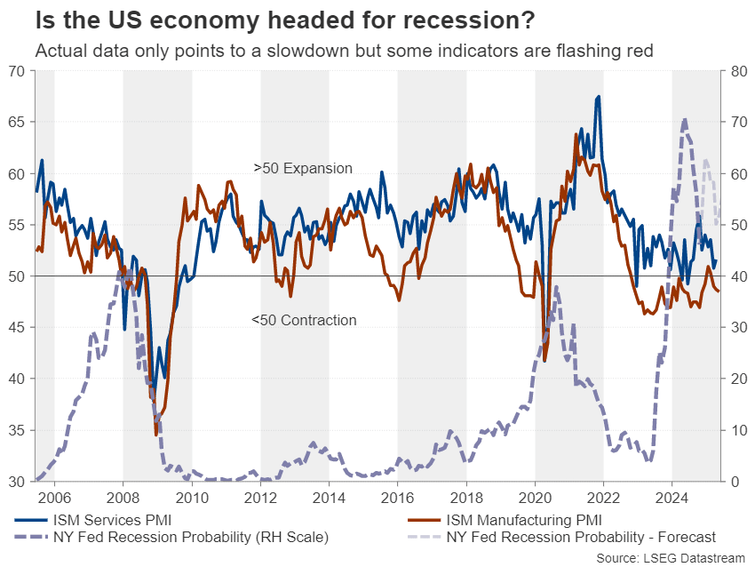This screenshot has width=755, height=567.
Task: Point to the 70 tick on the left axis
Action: point(17,71)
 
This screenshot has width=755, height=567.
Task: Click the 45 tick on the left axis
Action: point(17,328)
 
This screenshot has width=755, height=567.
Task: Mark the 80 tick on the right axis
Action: point(738,71)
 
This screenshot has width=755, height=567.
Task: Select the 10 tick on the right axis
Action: point(738,430)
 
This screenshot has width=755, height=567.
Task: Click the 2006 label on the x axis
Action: point(53,498)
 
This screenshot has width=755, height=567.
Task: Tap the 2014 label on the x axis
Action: point(329,498)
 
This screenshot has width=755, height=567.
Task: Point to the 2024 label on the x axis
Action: point(672,498)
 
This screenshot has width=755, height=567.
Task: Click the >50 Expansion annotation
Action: point(303,168)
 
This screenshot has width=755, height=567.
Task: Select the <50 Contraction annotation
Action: point(303,320)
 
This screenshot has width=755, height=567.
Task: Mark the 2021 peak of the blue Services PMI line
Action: point(599,96)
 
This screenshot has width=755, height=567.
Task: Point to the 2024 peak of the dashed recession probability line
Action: point(684,119)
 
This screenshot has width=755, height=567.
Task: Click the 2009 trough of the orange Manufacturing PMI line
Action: point(156,435)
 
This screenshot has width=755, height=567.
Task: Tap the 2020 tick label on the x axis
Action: point(535,498)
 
